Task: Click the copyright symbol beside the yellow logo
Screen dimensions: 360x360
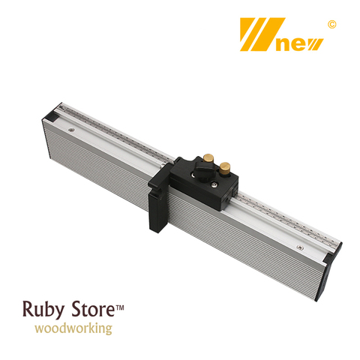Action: click(x=331, y=25)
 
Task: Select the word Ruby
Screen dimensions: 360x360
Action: click(x=43, y=310)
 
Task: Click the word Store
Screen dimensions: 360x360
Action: click(x=93, y=309)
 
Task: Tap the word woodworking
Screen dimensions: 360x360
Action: click(x=73, y=328)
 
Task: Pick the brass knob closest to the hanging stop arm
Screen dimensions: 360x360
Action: click(x=208, y=159)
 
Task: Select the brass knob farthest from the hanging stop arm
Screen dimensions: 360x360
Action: click(x=225, y=168)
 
